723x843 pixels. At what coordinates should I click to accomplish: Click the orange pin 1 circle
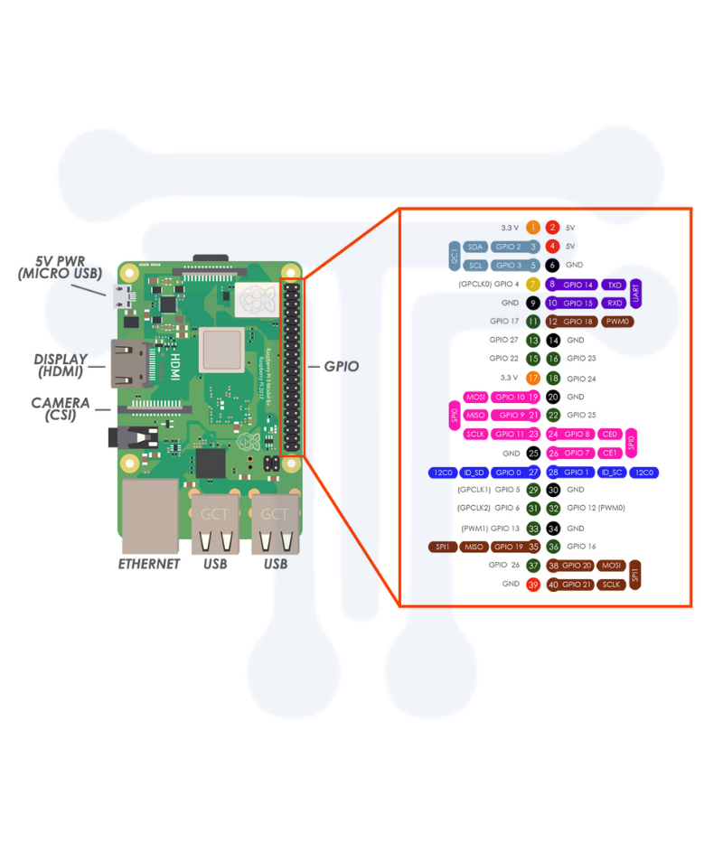pyautogui.click(x=533, y=227)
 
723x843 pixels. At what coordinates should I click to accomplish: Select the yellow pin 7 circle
pyautogui.click(x=533, y=284)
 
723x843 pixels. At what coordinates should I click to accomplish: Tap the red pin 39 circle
pyautogui.click(x=533, y=585)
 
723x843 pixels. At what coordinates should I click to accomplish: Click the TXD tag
pyautogui.click(x=615, y=284)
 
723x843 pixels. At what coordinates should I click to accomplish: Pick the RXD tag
pyautogui.click(x=615, y=303)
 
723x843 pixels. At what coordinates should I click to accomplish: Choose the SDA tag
pyautogui.click(x=475, y=246)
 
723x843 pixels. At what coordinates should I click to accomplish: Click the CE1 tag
pyautogui.click(x=610, y=453)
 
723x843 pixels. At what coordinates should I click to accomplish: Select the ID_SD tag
pyautogui.click(x=474, y=472)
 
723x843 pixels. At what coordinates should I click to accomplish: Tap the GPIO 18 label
pyautogui.click(x=577, y=322)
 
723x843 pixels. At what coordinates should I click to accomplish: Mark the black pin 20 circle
pyautogui.click(x=553, y=397)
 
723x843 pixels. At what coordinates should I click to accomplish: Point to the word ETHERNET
pyautogui.click(x=149, y=564)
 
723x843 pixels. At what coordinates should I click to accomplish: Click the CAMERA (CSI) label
pyautogui.click(x=61, y=409)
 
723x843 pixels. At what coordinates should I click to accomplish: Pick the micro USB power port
pyautogui.click(x=120, y=294)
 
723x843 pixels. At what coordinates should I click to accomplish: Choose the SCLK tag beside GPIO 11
pyautogui.click(x=476, y=434)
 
